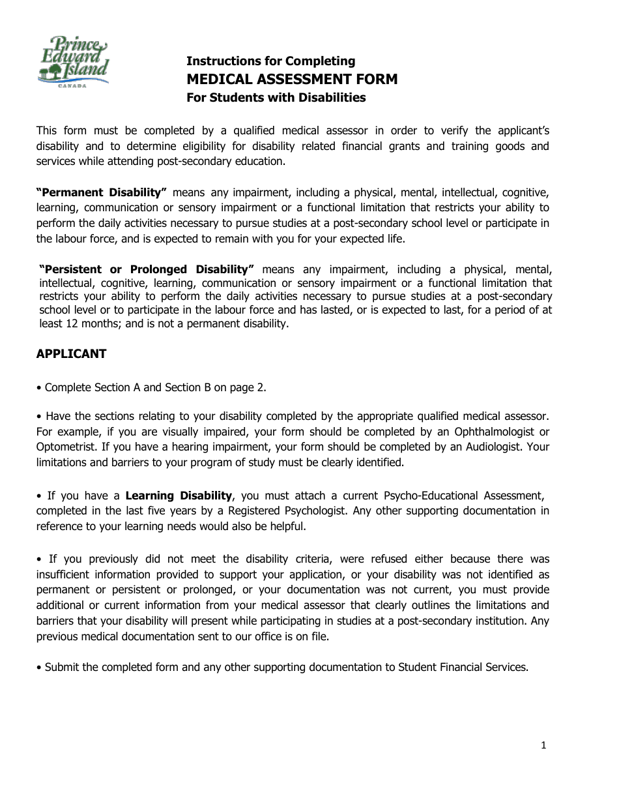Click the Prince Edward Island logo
73,62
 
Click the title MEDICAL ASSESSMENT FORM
292,80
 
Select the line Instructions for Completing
270,61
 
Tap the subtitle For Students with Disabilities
276,98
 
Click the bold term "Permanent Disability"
102,192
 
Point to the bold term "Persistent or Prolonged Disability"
147,269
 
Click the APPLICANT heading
71,354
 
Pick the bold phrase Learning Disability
179,496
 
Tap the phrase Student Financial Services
462,667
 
